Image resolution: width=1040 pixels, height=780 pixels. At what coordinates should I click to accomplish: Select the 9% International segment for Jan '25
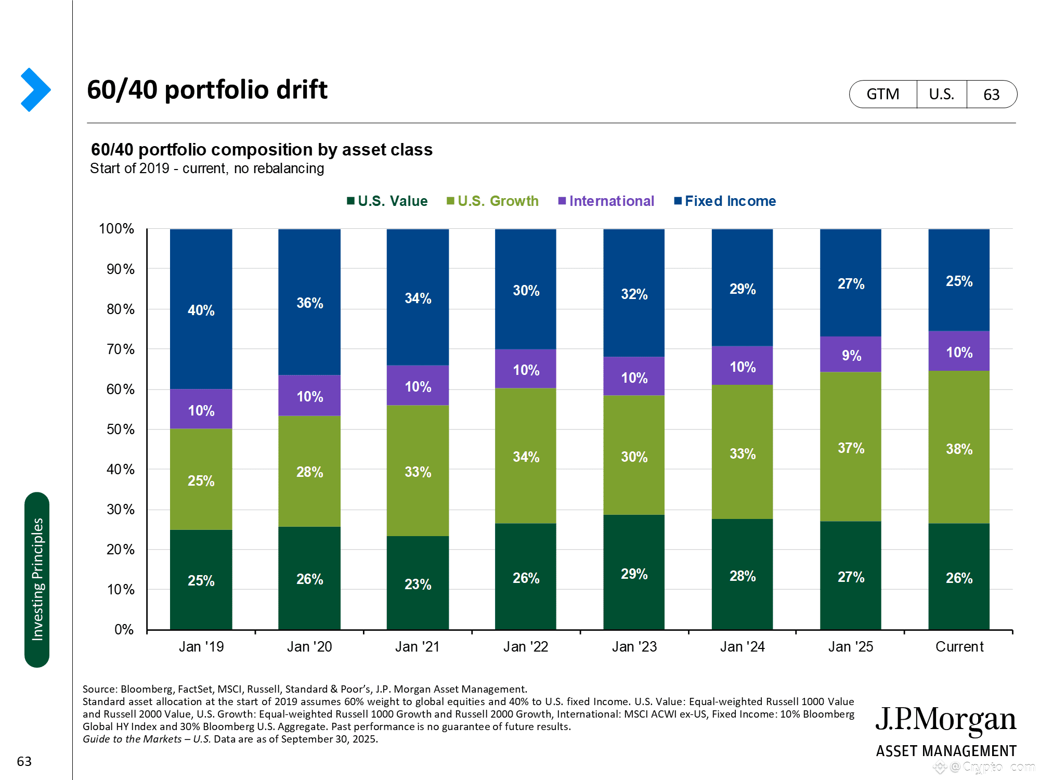click(851, 355)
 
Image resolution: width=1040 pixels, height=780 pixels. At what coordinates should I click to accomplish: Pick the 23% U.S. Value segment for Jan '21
click(418, 583)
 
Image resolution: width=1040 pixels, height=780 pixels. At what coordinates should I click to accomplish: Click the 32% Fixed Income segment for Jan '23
click(634, 293)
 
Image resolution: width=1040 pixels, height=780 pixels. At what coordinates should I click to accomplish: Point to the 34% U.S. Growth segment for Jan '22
click(526, 456)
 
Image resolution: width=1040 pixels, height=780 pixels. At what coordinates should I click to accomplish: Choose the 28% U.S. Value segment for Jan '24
click(742, 575)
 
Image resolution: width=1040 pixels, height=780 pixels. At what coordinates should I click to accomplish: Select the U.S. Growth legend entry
click(492, 201)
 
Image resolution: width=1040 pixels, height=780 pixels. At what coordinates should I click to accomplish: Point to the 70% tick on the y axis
click(121, 349)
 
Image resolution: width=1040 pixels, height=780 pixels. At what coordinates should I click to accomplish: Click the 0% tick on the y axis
click(124, 630)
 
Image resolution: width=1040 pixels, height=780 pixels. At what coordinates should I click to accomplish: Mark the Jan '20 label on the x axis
click(309, 647)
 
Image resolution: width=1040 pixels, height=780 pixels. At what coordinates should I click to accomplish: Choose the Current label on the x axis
click(959, 647)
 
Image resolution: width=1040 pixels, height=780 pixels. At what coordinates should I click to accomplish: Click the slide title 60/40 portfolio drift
click(207, 89)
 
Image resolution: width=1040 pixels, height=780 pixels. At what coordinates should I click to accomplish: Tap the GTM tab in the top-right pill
click(883, 94)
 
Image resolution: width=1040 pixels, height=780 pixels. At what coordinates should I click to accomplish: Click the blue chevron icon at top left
click(35, 89)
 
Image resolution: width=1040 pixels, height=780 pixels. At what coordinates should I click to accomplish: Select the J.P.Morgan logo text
click(945, 720)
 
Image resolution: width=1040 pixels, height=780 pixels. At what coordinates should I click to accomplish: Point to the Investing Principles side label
click(37, 579)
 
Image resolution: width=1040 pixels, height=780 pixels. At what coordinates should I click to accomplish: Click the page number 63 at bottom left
click(24, 761)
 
